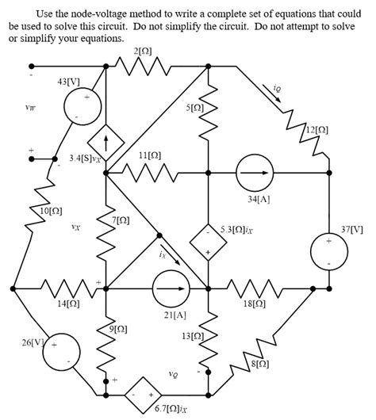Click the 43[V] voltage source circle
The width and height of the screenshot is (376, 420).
coord(77,108)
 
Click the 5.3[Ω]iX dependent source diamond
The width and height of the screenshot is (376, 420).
coord(208,243)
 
